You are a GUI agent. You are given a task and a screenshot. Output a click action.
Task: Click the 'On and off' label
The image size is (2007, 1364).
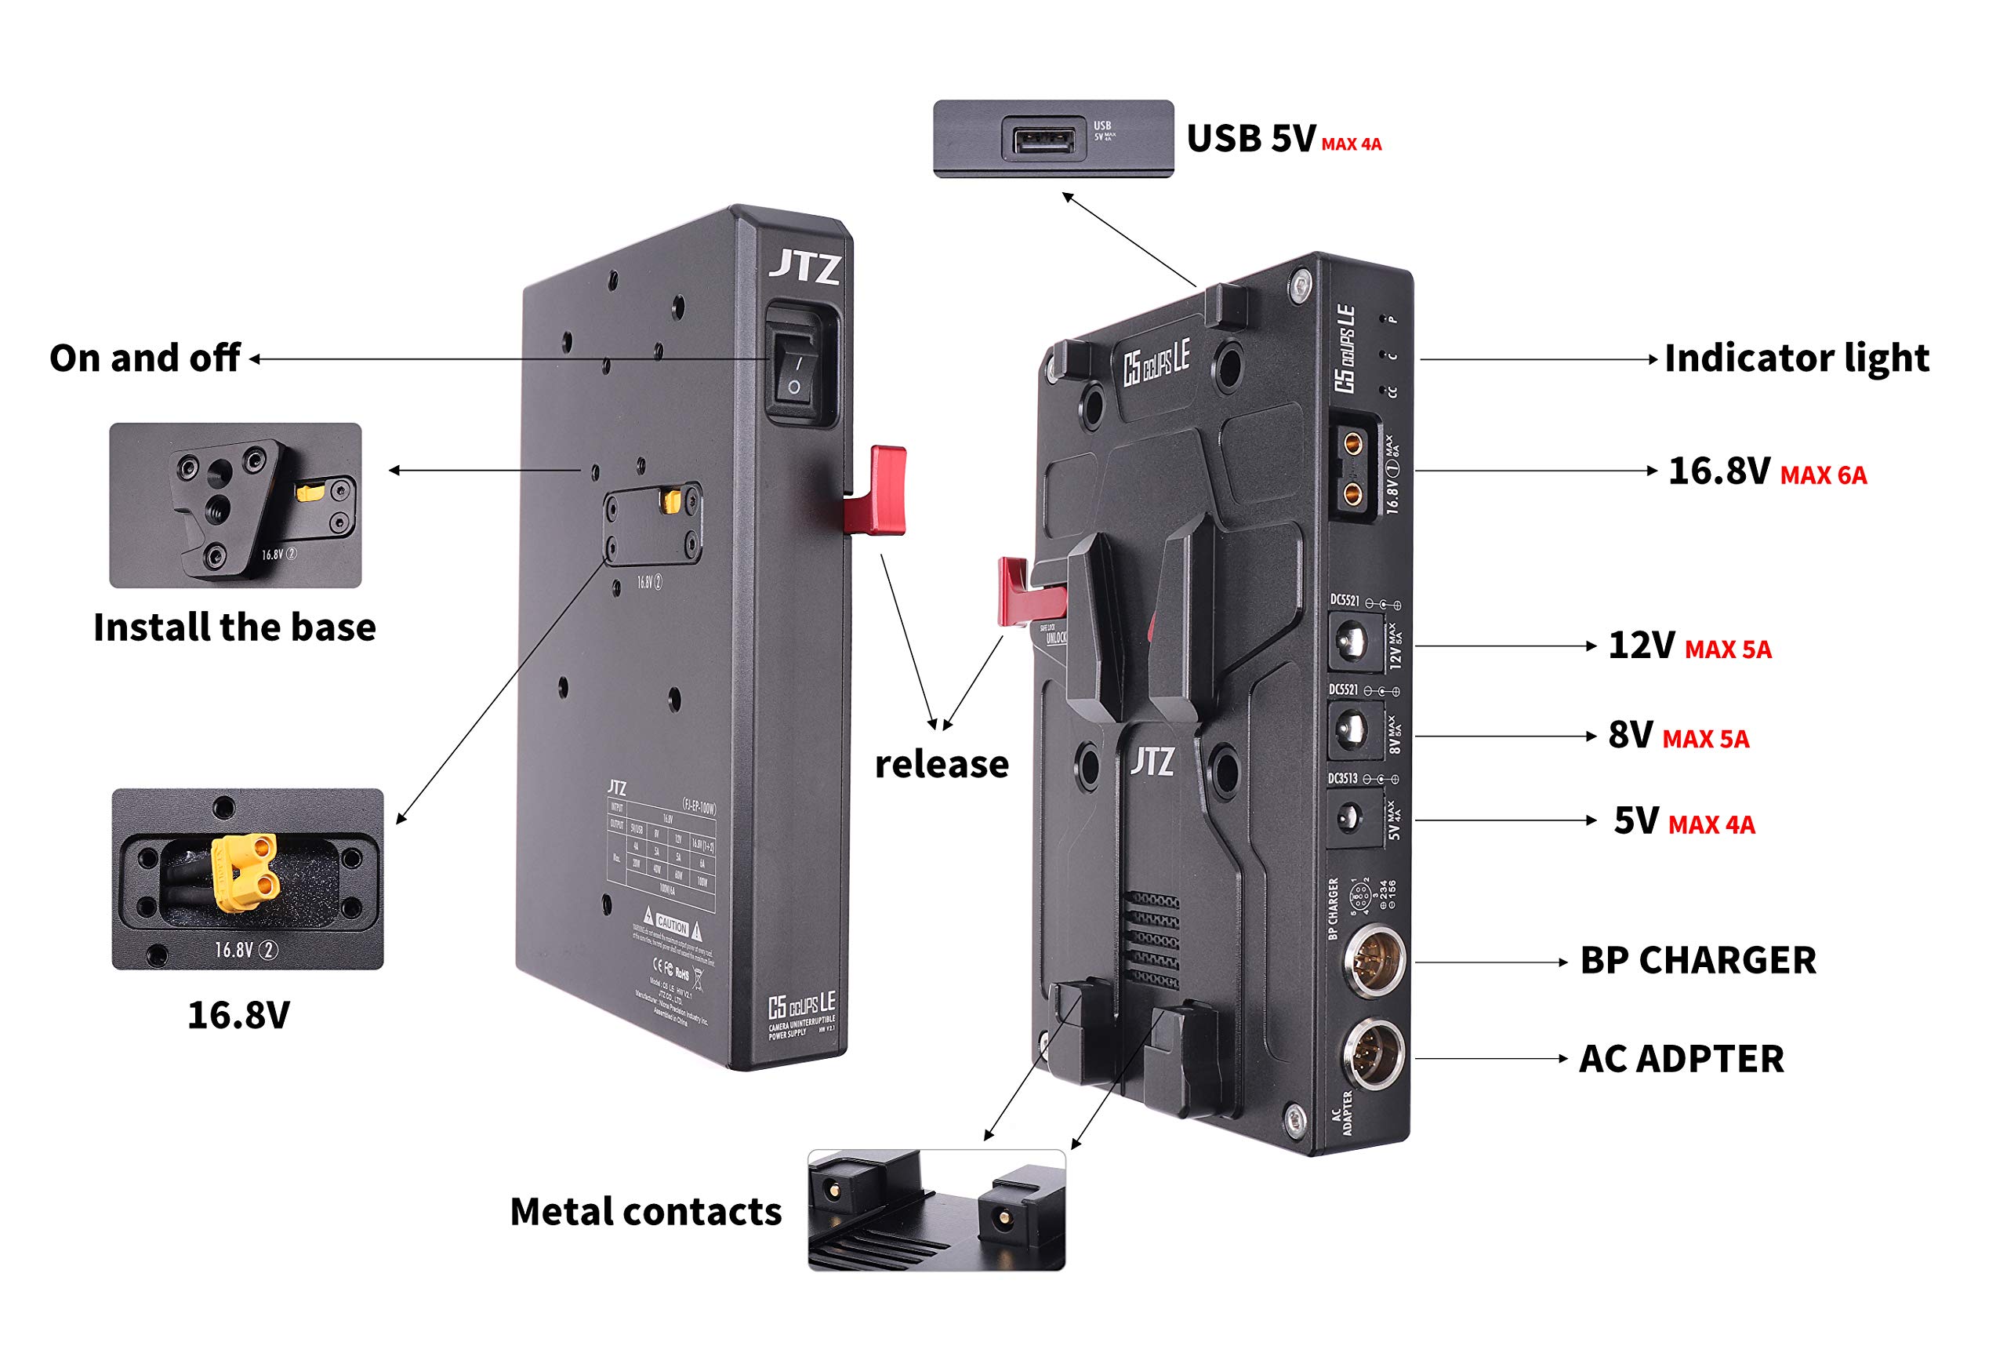point(144,358)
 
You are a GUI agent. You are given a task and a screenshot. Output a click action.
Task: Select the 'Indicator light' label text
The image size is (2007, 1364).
point(1795,358)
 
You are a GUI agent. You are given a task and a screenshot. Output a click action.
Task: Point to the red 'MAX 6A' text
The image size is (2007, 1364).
point(1823,475)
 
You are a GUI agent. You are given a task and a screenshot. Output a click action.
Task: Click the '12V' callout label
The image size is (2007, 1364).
point(1641,646)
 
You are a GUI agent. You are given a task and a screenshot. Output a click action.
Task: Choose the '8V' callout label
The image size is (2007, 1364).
point(1630,735)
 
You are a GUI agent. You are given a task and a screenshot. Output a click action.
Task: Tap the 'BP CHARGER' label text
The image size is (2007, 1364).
point(1698,961)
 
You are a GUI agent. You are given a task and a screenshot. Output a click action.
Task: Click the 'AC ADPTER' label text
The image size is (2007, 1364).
point(1681,1059)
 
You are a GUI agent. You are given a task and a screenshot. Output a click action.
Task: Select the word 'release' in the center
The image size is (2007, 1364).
point(942,765)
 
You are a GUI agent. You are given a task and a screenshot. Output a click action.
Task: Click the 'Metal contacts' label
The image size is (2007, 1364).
point(645,1211)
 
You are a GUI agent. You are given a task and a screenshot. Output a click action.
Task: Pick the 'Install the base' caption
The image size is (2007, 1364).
point(234,627)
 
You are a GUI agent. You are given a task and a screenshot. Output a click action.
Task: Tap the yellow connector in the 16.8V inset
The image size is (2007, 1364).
point(246,871)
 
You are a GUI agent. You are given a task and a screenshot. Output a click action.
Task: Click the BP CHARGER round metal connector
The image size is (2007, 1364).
point(1374,960)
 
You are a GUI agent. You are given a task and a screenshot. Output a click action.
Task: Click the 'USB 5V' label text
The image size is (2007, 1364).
point(1250,138)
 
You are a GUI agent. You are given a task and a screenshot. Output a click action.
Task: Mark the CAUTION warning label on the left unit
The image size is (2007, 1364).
point(672,923)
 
